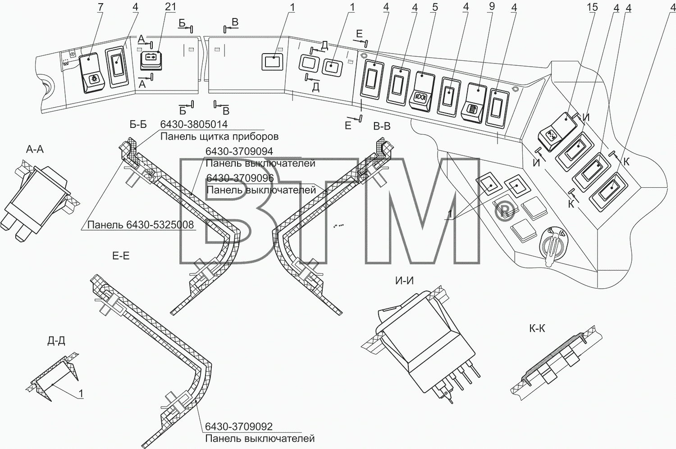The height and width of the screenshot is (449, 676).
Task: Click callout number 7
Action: [100, 7]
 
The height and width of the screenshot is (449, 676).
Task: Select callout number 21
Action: [170, 7]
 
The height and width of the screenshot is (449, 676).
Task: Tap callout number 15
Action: [593, 8]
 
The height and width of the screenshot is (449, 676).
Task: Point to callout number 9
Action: [492, 7]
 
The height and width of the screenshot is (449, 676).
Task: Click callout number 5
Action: [435, 7]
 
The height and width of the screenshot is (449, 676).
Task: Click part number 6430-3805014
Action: [194, 124]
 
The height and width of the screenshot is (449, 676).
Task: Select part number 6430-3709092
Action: [239, 426]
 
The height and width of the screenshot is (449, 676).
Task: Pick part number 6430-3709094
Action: [239, 151]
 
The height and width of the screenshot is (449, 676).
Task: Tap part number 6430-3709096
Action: [240, 178]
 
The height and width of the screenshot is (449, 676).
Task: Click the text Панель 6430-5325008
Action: [140, 225]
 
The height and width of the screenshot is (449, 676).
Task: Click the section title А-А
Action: [35, 149]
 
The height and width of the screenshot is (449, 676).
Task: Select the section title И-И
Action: [404, 281]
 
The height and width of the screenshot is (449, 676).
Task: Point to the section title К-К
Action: [537, 328]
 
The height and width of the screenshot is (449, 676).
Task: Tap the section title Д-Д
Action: [56, 341]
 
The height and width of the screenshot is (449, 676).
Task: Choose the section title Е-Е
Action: [121, 256]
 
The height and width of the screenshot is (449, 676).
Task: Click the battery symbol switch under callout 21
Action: [151, 62]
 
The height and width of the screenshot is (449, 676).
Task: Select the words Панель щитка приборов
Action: [219, 136]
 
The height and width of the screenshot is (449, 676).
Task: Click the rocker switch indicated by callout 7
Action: [92, 73]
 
